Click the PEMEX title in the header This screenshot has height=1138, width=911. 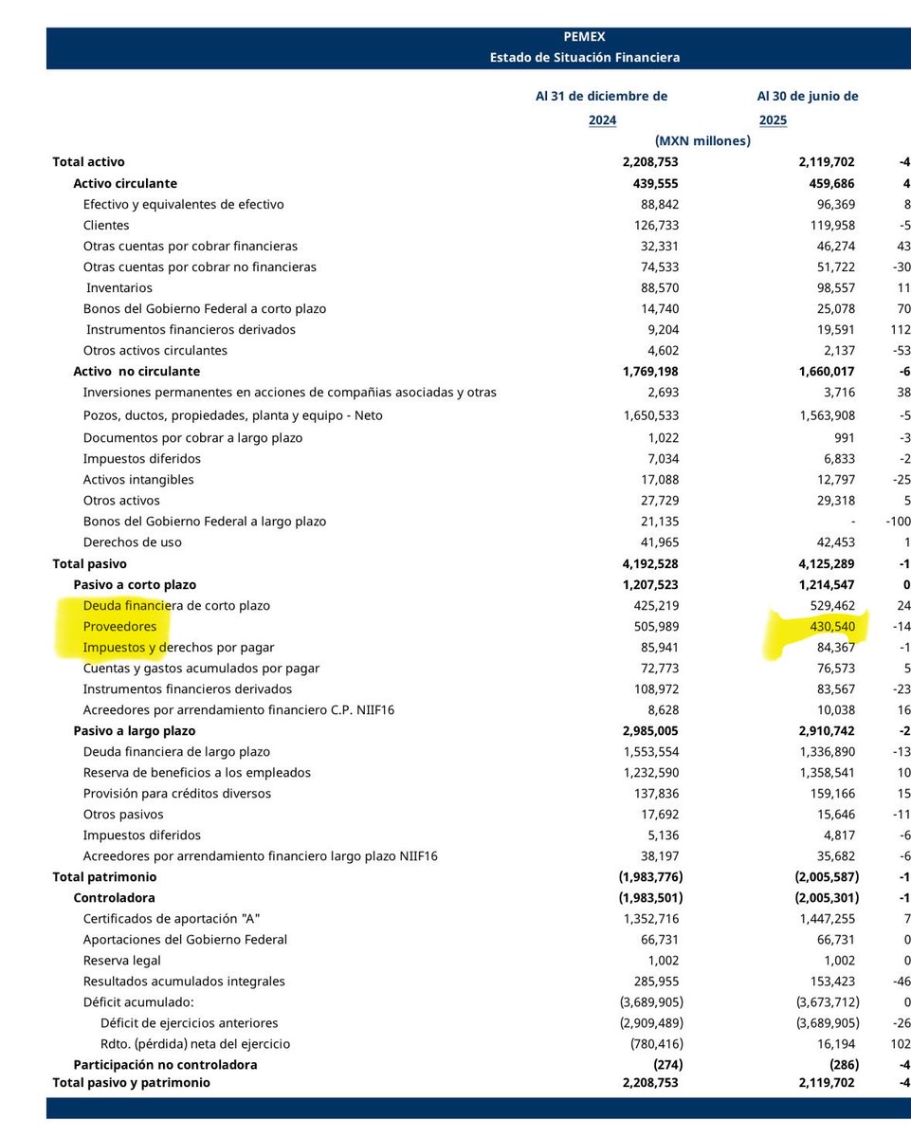coord(584,38)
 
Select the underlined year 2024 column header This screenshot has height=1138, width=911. coord(602,120)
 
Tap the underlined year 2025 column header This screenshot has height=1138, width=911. coord(773,120)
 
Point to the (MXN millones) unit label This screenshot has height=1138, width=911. coord(701,140)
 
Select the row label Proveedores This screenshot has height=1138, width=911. coord(119,627)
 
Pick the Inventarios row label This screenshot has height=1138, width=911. coord(119,287)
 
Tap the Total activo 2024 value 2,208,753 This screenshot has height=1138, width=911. coord(650,162)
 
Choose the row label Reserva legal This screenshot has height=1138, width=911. coord(122,961)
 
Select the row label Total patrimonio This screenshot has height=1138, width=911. coord(104,877)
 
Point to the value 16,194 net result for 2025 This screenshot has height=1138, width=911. coord(834,1044)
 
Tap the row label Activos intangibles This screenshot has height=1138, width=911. coord(138,480)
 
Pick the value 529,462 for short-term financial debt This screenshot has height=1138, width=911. coord(828,606)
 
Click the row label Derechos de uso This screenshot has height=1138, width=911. coord(132,542)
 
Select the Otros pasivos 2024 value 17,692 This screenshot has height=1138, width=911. coord(656,815)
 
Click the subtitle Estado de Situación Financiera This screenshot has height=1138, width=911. coord(584,57)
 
